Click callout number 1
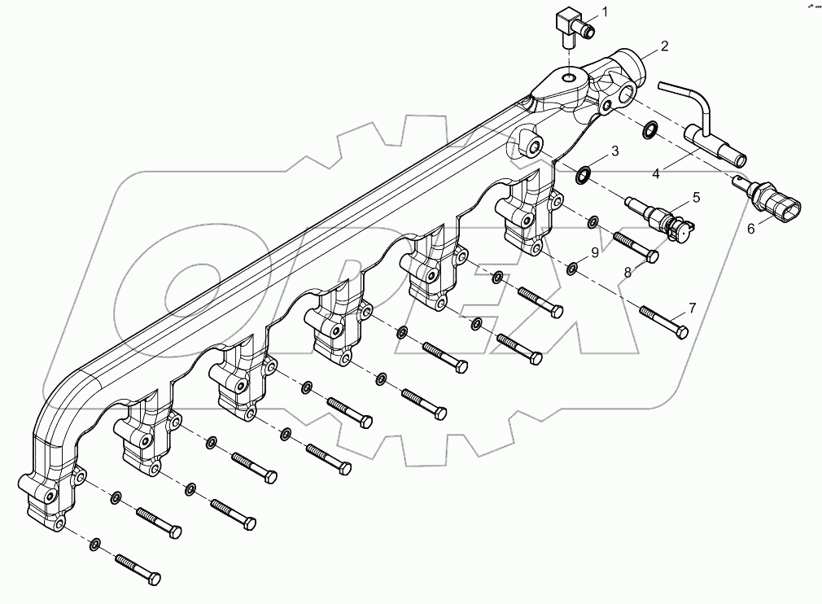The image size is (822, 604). point(604,11)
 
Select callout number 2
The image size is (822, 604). point(665,46)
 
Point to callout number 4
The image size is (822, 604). point(656,173)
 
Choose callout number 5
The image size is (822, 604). point(696,197)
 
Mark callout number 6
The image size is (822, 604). point(751,230)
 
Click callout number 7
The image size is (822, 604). point(693,308)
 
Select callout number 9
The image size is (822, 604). point(595,253)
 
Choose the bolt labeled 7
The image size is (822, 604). point(664,321)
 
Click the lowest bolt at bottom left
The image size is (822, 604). point(138,568)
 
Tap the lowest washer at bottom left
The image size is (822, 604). point(97,543)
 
